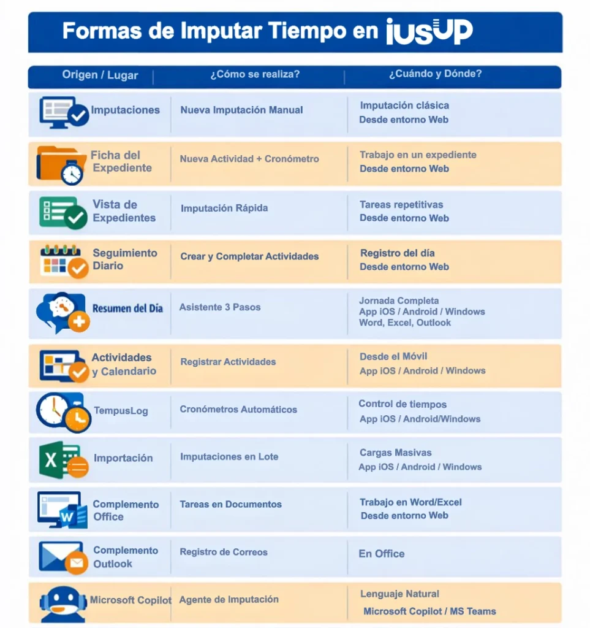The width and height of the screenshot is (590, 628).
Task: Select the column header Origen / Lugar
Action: [100, 75]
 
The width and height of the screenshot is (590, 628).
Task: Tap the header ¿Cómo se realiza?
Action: [255, 74]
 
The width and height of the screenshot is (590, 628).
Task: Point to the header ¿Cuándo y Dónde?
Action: [435, 74]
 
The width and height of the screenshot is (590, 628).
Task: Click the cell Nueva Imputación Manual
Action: [241, 110]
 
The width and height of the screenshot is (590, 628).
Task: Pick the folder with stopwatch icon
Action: [61, 164]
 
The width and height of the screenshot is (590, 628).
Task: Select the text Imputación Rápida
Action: [224, 209]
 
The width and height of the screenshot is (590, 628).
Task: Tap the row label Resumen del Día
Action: [127, 308]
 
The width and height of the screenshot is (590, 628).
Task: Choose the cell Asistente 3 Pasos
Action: [220, 307]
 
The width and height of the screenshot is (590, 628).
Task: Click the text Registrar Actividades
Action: [228, 362]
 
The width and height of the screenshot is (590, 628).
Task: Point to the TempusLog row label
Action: [121, 411]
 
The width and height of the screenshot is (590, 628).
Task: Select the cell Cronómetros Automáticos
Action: [238, 410]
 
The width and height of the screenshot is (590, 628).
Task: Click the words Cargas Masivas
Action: [396, 453]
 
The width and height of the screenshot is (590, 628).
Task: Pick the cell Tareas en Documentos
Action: [230, 505]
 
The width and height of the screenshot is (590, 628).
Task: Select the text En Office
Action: [382, 554]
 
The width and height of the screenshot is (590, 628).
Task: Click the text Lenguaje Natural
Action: [399, 594]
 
